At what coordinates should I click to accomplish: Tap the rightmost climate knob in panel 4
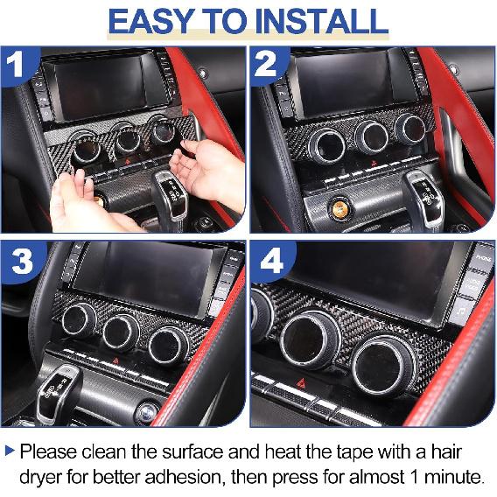point(386,362)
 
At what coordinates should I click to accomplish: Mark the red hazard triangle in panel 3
point(114,361)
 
